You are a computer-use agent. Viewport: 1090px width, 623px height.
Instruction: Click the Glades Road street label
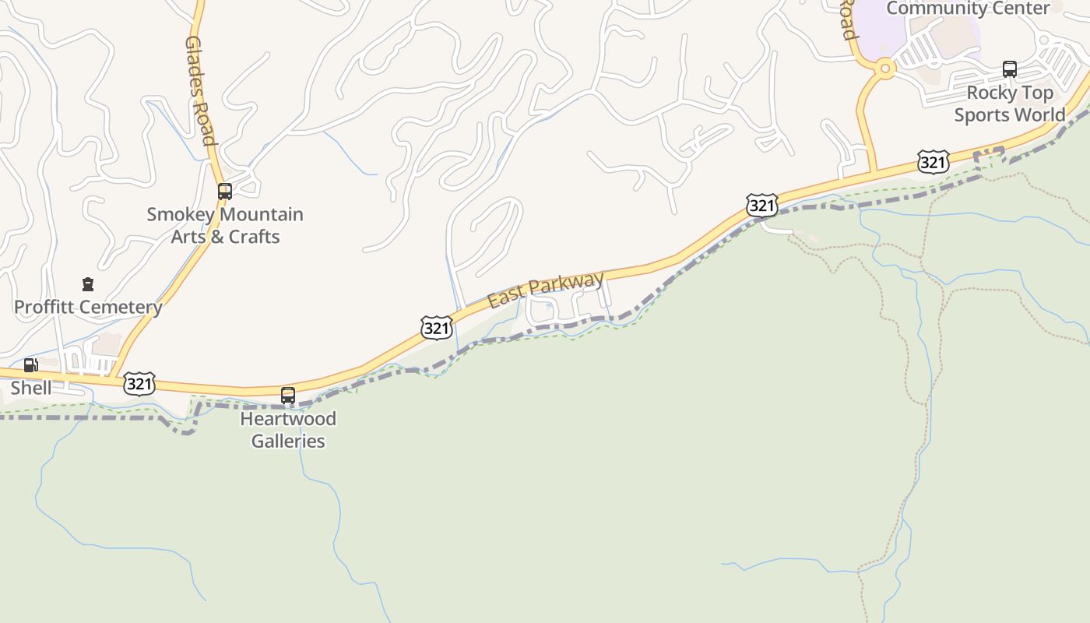(200, 90)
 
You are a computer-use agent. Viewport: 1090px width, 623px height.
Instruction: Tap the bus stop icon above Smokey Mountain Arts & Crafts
(225, 191)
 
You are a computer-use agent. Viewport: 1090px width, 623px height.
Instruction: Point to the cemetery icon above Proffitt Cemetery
(88, 285)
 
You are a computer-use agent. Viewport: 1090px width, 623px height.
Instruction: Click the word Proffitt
(44, 307)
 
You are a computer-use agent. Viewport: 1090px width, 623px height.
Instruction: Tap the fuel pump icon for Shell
(30, 365)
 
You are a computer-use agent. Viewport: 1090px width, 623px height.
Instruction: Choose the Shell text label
(31, 388)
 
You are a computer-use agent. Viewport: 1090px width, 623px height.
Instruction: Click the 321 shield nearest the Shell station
(139, 383)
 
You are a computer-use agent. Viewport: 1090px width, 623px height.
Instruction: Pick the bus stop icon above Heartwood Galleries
(288, 396)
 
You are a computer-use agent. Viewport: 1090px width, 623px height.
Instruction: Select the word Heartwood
(288, 419)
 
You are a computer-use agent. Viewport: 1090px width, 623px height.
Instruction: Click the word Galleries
(288, 441)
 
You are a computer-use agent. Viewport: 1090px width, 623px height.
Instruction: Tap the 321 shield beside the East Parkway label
(437, 328)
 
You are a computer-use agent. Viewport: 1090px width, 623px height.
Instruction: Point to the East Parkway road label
(546, 290)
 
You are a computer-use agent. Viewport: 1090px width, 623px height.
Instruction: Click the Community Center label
(968, 9)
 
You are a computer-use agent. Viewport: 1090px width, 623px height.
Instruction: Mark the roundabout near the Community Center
(884, 69)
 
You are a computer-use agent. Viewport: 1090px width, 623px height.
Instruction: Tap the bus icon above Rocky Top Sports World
(1010, 69)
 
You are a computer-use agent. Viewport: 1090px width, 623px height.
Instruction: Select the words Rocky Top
(1010, 93)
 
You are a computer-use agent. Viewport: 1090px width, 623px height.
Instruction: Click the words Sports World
(1010, 115)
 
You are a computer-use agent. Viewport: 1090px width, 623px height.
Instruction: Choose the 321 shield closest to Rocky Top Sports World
(933, 162)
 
